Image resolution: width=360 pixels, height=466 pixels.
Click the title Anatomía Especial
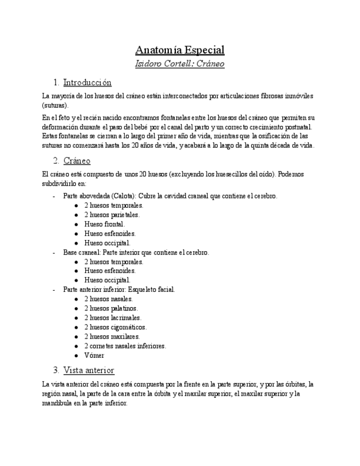pyautogui.click(x=180, y=50)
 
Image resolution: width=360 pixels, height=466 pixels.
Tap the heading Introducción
pyautogui.click(x=87, y=83)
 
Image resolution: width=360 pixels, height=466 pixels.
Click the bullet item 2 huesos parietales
pyautogui.click(x=112, y=215)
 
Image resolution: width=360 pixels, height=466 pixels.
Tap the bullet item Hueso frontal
pyautogui.click(x=104, y=224)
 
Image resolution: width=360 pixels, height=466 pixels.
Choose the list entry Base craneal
pyautogui.click(x=81, y=252)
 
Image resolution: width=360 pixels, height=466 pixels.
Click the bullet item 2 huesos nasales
pyautogui.click(x=108, y=299)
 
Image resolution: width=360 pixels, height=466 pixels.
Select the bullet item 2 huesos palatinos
pyautogui.click(x=111, y=308)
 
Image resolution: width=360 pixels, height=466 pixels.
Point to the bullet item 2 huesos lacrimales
pyautogui.click(x=113, y=318)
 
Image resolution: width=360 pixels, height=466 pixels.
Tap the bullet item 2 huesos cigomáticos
pyautogui.click(x=115, y=327)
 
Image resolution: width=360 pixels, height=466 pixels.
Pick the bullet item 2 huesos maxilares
pyautogui.click(x=112, y=336)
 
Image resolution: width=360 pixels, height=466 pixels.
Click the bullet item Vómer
pyautogui.click(x=94, y=356)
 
